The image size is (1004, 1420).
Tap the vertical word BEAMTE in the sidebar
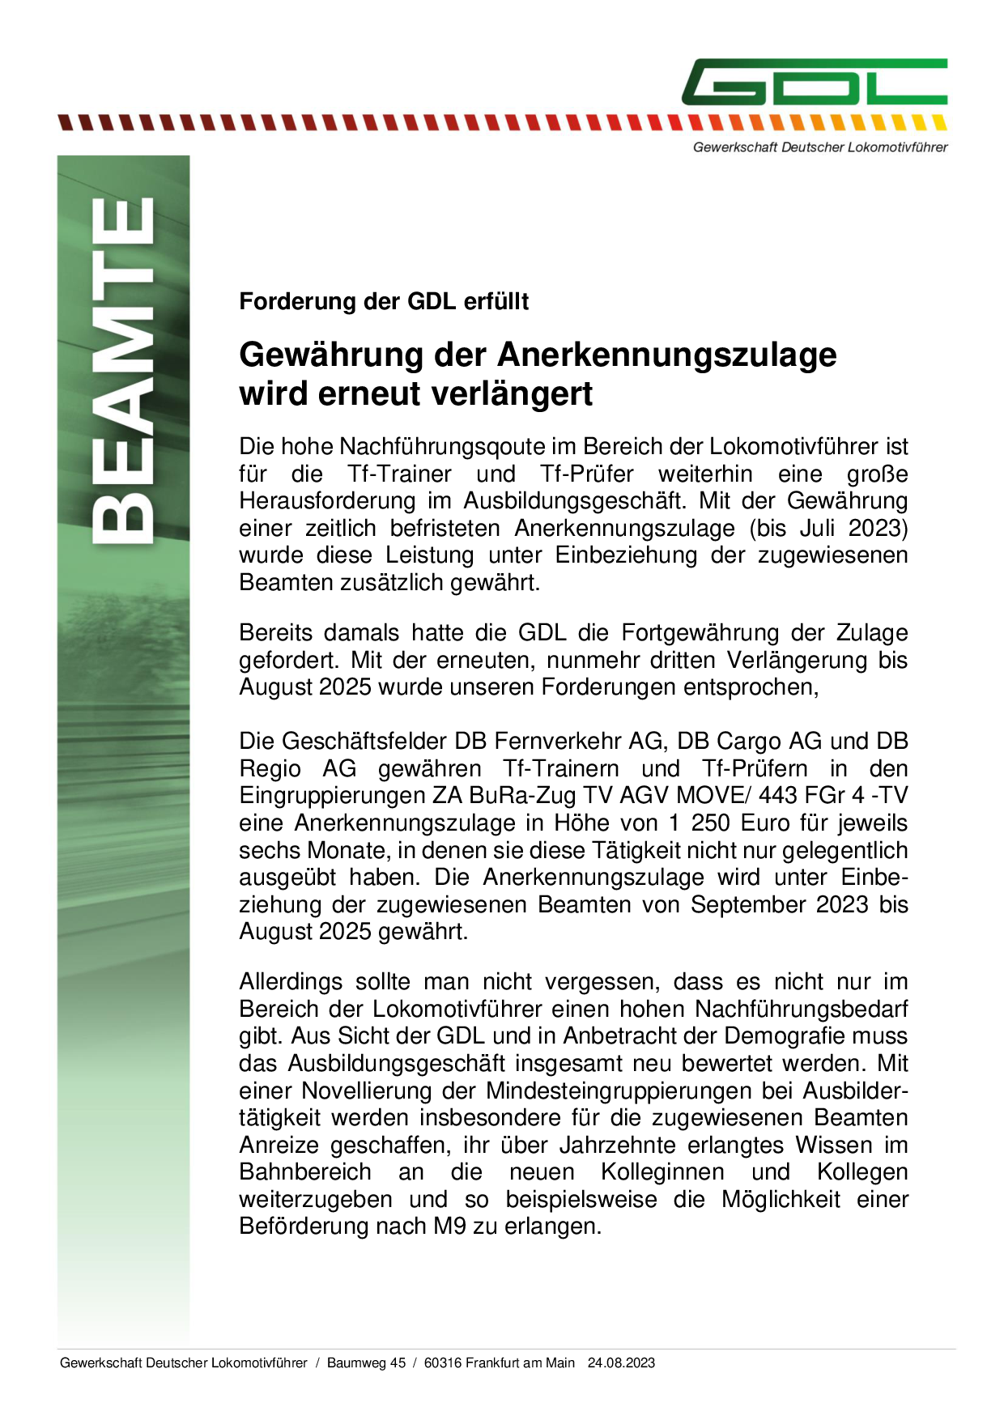coord(123,370)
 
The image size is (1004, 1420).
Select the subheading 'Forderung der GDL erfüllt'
coord(384,302)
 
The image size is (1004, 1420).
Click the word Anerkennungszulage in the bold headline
coord(667,355)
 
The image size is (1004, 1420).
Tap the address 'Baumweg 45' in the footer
coord(366,1363)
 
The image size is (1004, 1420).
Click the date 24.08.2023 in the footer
coord(621,1363)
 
